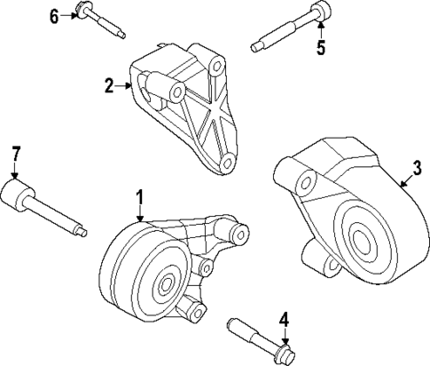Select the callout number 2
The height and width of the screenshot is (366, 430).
click(109, 86)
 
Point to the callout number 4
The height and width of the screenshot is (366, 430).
click(285, 319)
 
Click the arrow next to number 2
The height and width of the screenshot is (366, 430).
click(125, 86)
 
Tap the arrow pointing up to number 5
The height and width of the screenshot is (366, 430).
click(321, 31)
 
